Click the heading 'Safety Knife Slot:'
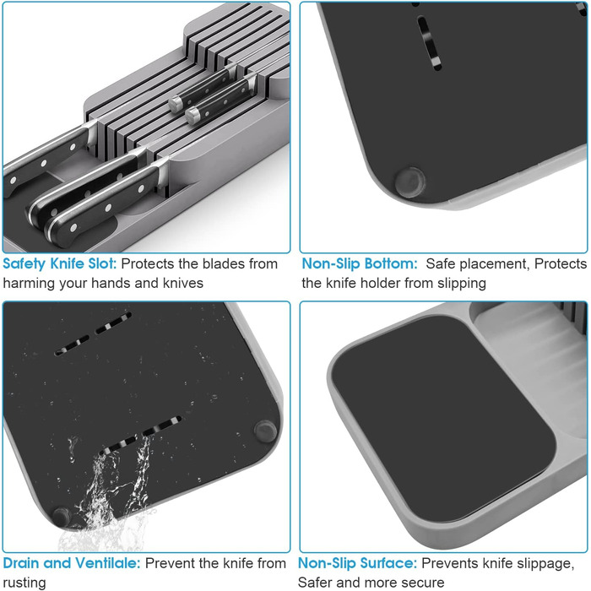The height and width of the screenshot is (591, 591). [60, 263]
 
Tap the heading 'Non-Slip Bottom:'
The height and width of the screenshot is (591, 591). [360, 263]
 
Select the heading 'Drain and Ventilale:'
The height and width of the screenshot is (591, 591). [72, 563]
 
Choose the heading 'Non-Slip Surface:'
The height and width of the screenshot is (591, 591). [357, 563]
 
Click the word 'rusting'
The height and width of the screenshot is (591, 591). [24, 583]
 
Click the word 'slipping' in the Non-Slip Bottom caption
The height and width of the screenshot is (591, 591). [461, 284]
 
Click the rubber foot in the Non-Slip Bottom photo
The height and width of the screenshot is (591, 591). [410, 182]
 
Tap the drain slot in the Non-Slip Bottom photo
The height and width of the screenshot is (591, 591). [429, 42]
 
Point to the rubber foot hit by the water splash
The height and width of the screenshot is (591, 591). [62, 516]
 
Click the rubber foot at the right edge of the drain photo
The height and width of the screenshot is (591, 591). [265, 431]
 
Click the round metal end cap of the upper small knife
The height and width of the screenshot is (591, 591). [176, 104]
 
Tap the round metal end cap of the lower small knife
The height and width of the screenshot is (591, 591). [192, 115]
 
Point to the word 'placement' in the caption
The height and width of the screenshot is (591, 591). [478, 264]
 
